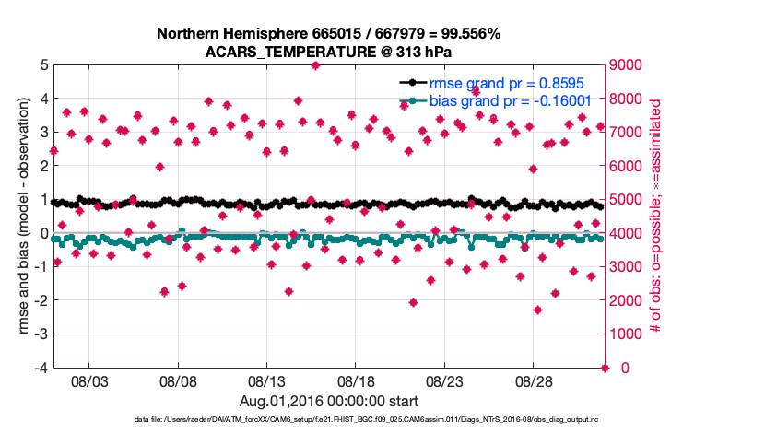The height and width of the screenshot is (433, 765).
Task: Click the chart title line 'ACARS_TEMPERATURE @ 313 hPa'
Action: (x=329, y=52)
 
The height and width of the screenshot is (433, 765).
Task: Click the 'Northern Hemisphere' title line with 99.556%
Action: (x=329, y=34)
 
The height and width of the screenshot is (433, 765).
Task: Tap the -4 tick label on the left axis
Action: (x=41, y=368)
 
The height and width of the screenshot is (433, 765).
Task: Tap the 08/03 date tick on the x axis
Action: (x=89, y=380)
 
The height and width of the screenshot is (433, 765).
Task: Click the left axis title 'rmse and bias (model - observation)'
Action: (x=19, y=216)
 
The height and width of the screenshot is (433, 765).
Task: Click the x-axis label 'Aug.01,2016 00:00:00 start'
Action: (x=329, y=401)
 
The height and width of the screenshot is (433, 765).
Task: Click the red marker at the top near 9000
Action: (x=315, y=65)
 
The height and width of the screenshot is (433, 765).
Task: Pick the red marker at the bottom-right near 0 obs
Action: (x=605, y=368)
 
